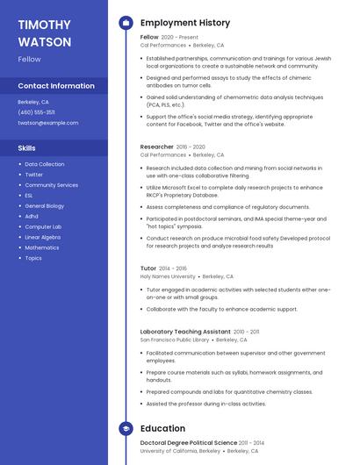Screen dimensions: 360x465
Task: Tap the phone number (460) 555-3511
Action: pos(36,112)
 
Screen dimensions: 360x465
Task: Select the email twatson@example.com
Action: pos(48,123)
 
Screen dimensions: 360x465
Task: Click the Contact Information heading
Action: pos(56,86)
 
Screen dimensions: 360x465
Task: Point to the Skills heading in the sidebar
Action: pos(27,148)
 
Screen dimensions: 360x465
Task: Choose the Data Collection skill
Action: pos(45,164)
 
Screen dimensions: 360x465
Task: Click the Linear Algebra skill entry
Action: pos(43,238)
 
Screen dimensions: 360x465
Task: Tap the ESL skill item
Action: pos(29,196)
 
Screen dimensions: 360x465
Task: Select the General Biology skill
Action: pos(45,206)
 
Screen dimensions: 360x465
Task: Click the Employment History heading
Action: pos(185,23)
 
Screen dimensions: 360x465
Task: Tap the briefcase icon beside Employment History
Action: pos(126,23)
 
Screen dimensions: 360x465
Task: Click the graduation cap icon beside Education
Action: pos(126,428)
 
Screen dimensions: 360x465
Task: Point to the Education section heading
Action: pos(162,428)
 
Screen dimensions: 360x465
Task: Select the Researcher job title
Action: pos(157,147)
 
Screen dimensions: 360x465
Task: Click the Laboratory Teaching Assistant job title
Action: pos(185,332)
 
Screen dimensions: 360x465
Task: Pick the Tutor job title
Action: pos(148,268)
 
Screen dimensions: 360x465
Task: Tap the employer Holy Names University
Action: pos(168,276)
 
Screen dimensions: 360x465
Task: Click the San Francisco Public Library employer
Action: pos(175,340)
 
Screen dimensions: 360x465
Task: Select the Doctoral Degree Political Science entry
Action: pos(189,444)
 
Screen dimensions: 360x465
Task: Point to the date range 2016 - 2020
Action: pos(191,147)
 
